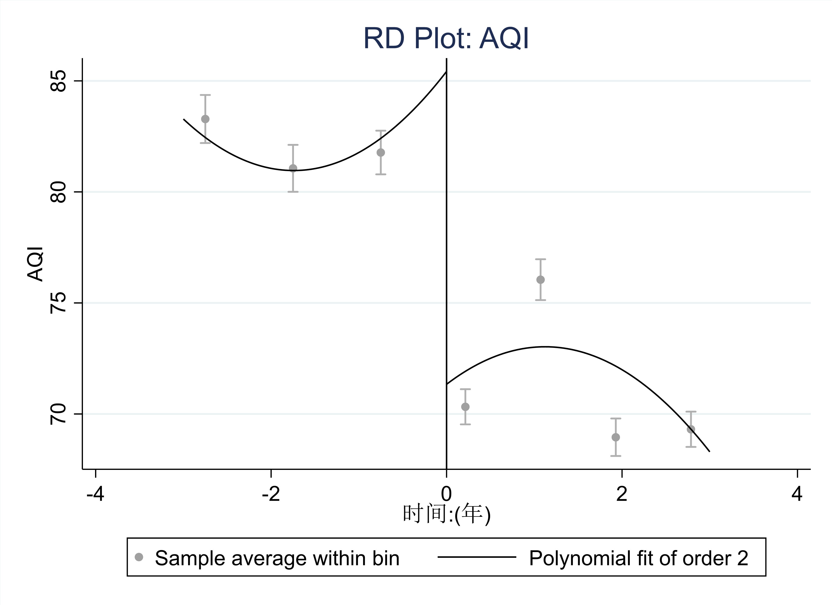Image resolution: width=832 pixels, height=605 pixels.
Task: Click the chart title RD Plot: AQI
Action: [446, 38]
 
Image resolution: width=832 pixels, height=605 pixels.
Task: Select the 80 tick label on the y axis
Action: [58, 192]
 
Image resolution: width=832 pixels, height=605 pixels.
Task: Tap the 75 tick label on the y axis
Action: [58, 303]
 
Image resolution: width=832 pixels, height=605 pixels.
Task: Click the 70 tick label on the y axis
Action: [58, 414]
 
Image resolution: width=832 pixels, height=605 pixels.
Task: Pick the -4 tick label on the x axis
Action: [95, 494]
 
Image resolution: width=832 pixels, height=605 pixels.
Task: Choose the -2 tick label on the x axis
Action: [271, 494]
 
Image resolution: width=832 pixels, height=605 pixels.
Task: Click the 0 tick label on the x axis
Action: [446, 494]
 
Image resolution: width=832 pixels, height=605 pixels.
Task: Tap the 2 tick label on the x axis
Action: [622, 494]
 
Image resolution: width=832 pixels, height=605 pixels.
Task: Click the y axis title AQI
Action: [36, 264]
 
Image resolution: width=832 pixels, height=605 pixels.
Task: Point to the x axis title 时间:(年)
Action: [446, 515]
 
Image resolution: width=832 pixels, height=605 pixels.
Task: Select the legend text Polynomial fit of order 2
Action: [639, 558]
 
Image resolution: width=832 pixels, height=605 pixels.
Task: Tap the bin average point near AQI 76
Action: [540, 280]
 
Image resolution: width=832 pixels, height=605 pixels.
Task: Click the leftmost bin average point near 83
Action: [205, 119]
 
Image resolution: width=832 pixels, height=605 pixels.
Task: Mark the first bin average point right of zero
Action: [465, 407]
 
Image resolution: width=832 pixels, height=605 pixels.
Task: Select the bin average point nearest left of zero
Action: [381, 153]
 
